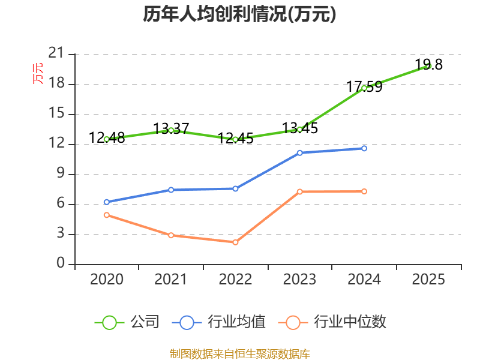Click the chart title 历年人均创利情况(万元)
tap(239, 14)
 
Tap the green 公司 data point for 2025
tap(428, 66)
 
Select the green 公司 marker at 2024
tap(364, 88)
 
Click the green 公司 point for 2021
tap(171, 130)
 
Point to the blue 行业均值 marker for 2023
tap(299, 153)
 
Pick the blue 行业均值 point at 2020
tap(106, 202)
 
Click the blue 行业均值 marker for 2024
tap(364, 148)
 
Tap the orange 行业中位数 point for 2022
tap(235, 242)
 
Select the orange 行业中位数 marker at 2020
tap(106, 215)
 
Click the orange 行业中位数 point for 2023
tap(299, 191)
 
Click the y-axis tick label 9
tap(60, 174)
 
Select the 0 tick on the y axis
tap(60, 264)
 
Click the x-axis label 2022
tap(235, 280)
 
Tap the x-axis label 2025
tap(428, 280)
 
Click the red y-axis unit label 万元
tap(38, 73)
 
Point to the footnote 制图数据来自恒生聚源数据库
tap(239, 353)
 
